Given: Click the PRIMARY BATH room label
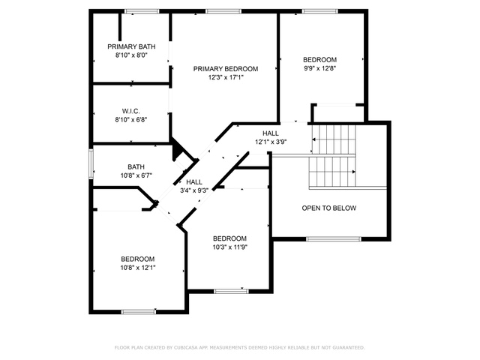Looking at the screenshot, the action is coord(131,46).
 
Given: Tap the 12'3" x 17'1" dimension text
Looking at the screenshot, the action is coord(226,77).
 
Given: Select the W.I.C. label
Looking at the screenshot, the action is coord(131,111).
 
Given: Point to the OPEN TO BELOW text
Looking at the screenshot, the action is coord(329,208).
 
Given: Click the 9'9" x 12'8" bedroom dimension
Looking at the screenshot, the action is coord(320,68).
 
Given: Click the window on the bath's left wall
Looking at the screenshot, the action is coord(91,163).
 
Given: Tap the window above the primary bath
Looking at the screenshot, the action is coord(142,11).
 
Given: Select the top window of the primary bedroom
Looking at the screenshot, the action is coord(223,11).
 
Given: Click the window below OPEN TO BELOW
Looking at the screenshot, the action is coord(334,238).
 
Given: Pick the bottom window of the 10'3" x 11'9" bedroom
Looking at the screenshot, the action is coord(232,291).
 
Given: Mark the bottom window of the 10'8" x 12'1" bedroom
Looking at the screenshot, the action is coord(139,312).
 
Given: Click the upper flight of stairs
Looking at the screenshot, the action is coord(334,139).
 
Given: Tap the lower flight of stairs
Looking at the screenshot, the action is coord(332,172).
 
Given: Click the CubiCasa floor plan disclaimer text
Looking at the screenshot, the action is coord(240,347).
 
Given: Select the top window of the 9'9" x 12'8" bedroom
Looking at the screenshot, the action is coord(320,11).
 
